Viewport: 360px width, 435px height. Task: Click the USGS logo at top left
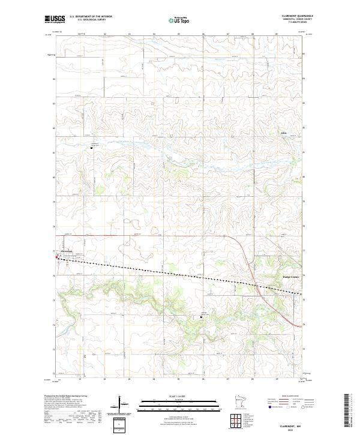[x=54, y=19]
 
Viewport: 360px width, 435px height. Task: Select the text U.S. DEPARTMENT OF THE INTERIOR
[x=91, y=17]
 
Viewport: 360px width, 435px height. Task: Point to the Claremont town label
[x=64, y=251]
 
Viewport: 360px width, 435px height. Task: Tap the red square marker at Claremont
[x=57, y=258]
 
